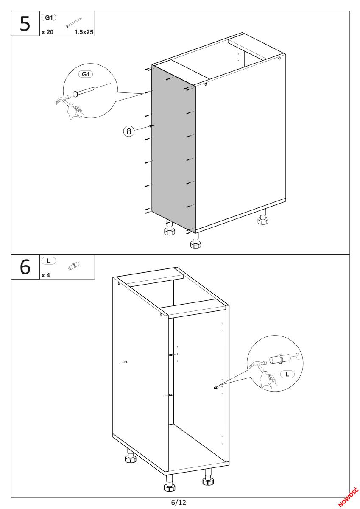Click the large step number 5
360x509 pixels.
coord(25,24)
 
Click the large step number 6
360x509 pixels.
coord(25,266)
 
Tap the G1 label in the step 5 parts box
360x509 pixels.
coord(49,17)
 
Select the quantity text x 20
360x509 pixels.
coord(47,32)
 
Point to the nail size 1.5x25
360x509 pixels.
coord(84,32)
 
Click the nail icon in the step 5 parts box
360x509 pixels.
coord(74,22)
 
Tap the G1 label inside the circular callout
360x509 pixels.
coord(86,74)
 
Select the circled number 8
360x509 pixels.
coord(129,131)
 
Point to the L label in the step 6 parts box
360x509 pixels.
coord(49,260)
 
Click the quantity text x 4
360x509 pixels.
coord(46,275)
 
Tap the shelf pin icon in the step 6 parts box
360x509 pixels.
coord(74,266)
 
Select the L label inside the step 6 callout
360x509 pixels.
coord(287,374)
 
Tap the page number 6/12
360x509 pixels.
coord(179,502)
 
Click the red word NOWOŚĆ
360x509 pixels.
coord(348,497)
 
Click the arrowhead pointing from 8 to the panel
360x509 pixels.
coord(152,126)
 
